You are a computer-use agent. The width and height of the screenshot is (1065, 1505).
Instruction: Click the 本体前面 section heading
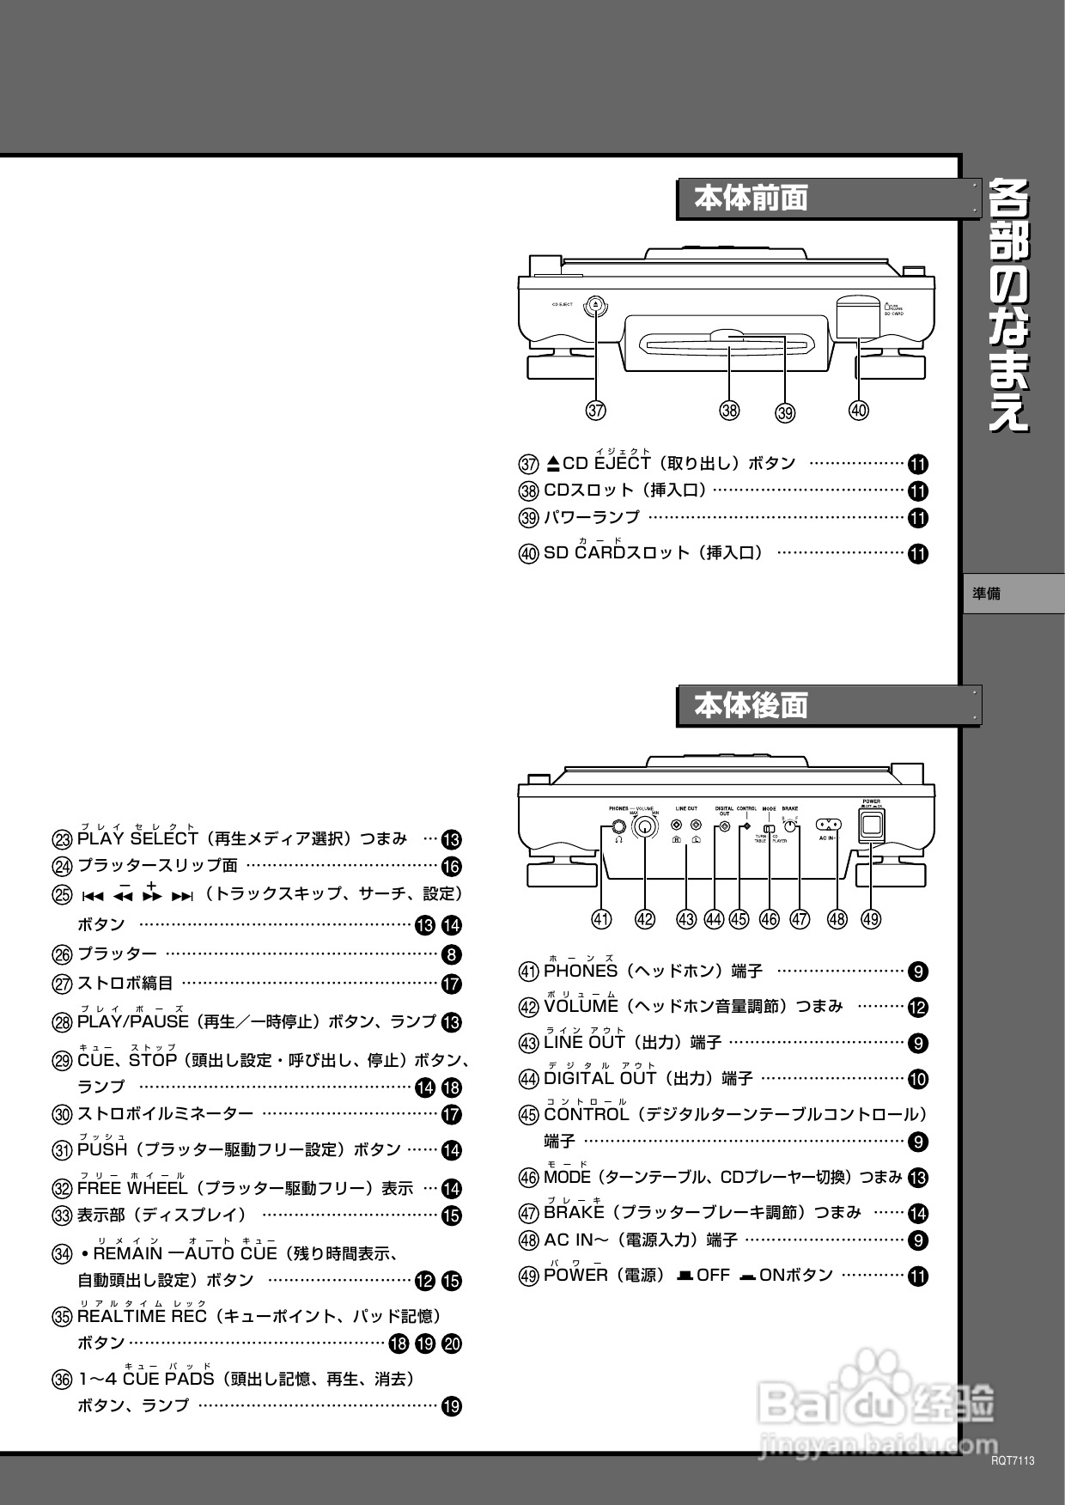tap(752, 199)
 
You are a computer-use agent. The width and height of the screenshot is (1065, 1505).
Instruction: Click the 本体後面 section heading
tap(752, 706)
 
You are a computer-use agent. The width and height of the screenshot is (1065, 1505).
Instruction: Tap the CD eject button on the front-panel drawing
tap(596, 305)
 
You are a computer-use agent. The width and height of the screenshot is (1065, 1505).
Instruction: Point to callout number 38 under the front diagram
tap(729, 411)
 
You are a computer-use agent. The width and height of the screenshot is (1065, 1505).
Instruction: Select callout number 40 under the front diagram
tap(858, 411)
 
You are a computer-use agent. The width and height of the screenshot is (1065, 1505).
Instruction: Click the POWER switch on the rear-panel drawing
tap(871, 826)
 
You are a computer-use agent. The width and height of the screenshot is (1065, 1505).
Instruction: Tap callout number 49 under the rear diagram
tap(871, 919)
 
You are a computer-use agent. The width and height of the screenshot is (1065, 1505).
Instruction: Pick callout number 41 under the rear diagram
tap(601, 919)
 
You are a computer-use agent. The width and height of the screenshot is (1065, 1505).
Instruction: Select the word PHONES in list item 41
tap(581, 972)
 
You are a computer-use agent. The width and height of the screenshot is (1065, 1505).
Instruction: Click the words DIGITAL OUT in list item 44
tap(600, 1078)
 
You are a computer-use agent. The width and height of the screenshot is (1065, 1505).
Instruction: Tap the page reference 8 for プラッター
tap(452, 954)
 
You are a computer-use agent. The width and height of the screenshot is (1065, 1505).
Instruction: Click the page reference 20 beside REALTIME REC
tap(452, 1344)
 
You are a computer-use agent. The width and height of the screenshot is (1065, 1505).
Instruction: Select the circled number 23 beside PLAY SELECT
tap(63, 839)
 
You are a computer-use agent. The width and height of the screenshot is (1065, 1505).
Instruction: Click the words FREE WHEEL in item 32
tap(132, 1189)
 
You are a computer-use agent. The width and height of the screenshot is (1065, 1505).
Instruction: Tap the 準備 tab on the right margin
tap(988, 594)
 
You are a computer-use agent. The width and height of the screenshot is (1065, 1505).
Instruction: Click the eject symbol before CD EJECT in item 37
tap(553, 464)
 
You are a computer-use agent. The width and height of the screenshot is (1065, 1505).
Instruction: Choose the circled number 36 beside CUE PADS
tap(63, 1380)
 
